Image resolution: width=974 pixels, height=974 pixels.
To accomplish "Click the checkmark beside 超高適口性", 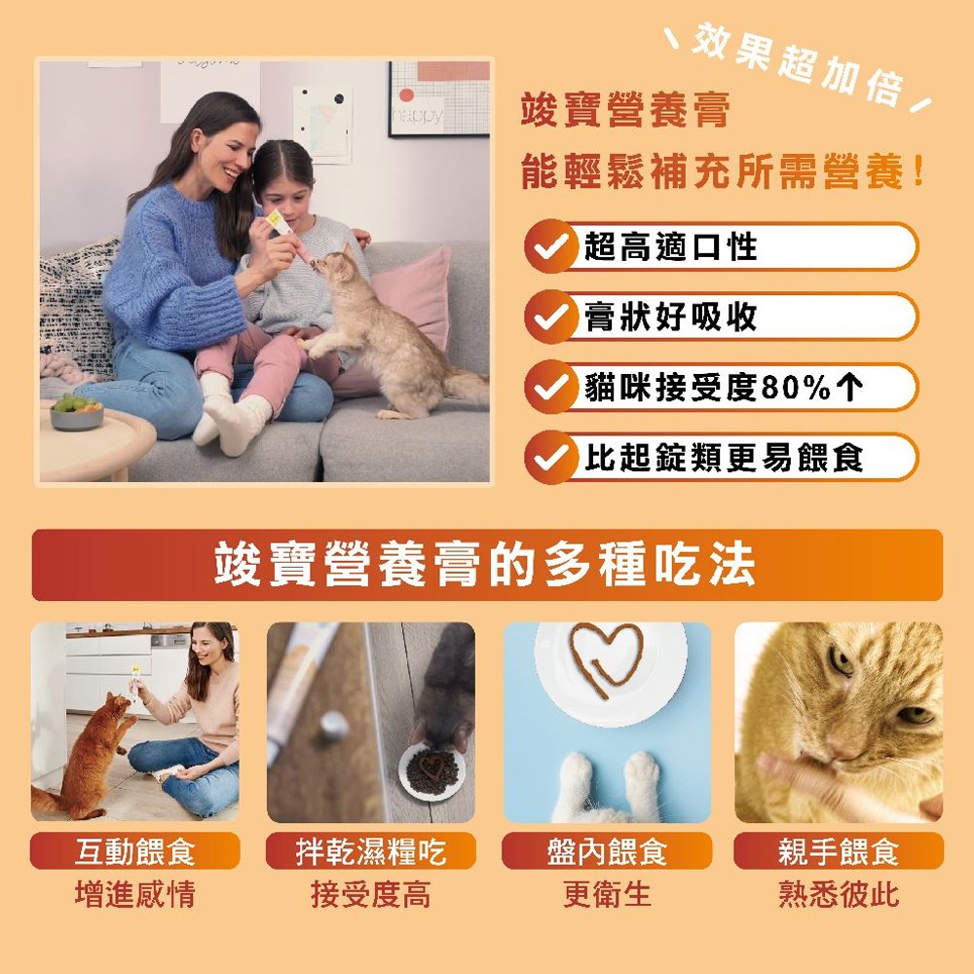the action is click(x=549, y=247).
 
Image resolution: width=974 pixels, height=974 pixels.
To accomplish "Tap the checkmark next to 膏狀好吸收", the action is click(x=549, y=318).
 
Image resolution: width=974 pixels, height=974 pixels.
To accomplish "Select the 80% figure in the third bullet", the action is click(x=796, y=388).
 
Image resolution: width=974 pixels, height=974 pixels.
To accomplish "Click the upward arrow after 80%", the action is click(x=849, y=388).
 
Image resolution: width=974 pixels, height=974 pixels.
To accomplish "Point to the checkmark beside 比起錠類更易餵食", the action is click(x=549, y=459).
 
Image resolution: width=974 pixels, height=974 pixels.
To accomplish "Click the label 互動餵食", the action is click(x=134, y=851).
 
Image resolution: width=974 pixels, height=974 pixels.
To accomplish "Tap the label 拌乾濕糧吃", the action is click(x=371, y=851).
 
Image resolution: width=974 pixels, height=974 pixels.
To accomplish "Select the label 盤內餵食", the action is click(x=607, y=851).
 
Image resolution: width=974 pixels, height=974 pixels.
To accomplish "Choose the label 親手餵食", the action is click(x=839, y=851).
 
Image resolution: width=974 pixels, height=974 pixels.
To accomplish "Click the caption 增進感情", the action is click(x=134, y=894).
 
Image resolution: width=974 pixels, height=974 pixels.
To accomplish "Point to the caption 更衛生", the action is click(x=607, y=894).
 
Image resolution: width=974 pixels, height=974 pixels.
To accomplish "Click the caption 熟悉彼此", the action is click(x=839, y=894).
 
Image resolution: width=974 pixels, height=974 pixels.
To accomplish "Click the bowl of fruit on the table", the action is click(x=76, y=412).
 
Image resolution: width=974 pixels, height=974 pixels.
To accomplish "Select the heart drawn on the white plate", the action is click(x=607, y=658).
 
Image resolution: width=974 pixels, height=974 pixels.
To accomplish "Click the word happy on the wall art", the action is click(x=418, y=116).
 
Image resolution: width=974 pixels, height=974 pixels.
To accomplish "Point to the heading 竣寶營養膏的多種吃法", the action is click(x=484, y=564).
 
